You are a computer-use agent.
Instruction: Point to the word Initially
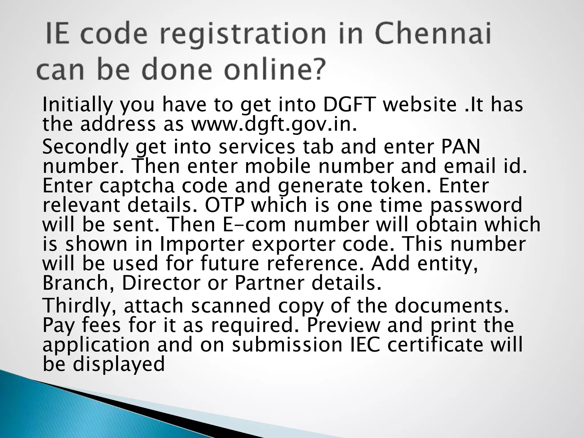[x=78, y=105]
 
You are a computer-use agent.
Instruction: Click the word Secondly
[x=86, y=147]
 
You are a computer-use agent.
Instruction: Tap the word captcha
[x=137, y=186]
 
